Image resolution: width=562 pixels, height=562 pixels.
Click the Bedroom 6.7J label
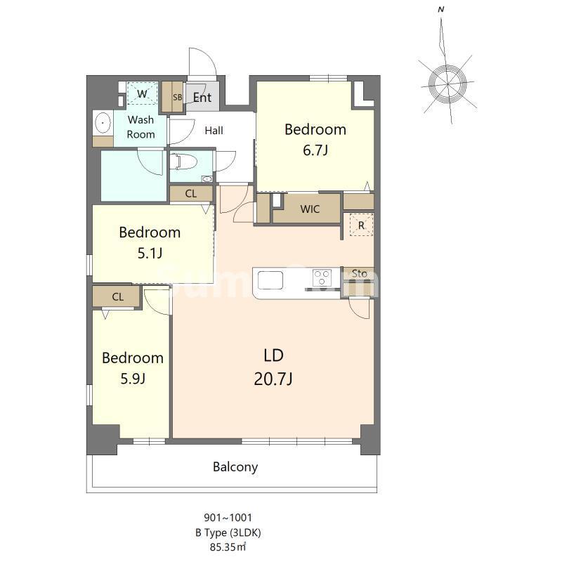(315, 139)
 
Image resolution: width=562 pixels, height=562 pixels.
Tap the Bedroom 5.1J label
(150, 242)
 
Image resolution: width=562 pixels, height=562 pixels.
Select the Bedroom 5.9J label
(133, 368)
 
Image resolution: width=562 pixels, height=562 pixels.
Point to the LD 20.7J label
(273, 367)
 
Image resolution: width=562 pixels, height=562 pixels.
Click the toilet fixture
(183, 162)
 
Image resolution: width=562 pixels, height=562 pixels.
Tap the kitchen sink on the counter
(270, 280)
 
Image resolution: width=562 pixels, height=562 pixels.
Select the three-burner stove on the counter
(322, 277)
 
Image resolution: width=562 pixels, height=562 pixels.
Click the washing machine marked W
(143, 93)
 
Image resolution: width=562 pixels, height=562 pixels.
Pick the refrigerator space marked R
(361, 225)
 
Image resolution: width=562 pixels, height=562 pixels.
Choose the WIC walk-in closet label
(310, 209)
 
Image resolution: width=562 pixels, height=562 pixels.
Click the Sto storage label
(359, 273)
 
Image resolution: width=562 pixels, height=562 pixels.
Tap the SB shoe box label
(178, 97)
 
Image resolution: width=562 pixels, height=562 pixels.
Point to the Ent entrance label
(202, 97)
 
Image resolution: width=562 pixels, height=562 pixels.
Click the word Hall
(214, 130)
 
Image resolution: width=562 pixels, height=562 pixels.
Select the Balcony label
(235, 467)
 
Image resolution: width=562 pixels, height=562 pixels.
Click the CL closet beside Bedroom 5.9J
(117, 296)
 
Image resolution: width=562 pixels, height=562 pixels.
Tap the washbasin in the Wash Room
(103, 122)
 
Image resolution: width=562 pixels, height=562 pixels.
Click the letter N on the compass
(441, 10)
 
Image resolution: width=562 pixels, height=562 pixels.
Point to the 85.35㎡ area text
(228, 547)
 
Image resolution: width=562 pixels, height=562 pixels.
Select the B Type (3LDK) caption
(228, 532)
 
